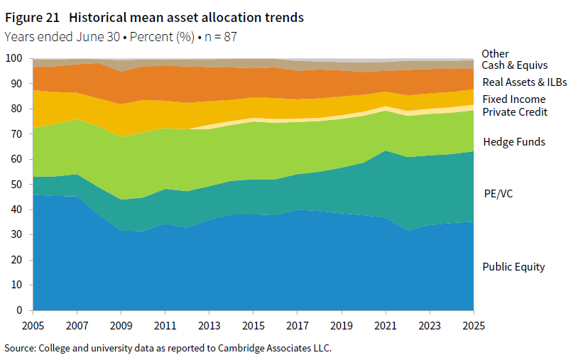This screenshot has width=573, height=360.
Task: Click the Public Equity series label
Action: [513, 267]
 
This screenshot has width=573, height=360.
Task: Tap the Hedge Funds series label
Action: [513, 142]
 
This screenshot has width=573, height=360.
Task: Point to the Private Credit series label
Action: [514, 111]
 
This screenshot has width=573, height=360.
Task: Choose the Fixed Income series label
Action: [513, 99]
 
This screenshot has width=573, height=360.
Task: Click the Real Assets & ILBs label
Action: [524, 82]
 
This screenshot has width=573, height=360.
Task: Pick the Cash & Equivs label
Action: [510, 65]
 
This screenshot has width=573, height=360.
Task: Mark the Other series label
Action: [495, 53]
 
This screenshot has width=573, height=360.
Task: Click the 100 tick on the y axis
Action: [13, 58]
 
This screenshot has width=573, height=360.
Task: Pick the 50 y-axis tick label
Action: [16, 185]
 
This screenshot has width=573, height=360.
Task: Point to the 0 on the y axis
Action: [19, 310]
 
